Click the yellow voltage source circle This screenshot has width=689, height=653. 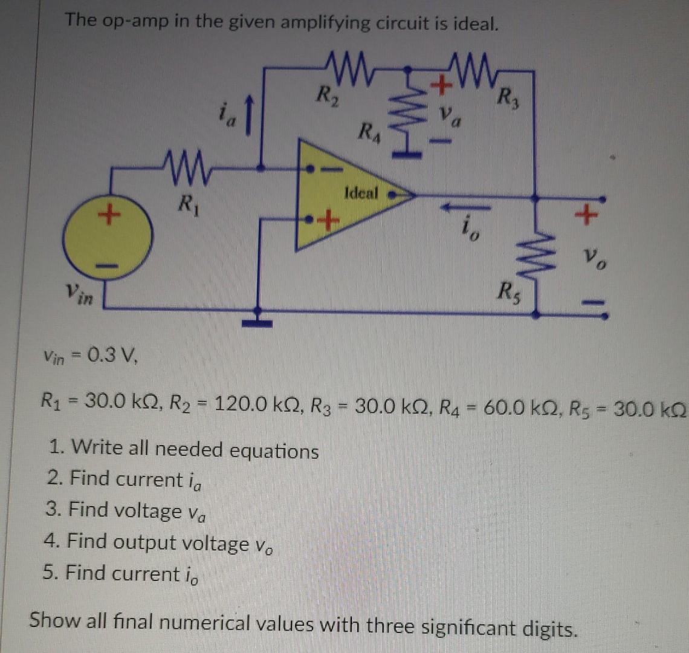click(108, 235)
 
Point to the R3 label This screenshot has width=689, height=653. click(509, 97)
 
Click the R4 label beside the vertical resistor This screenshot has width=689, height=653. click(369, 131)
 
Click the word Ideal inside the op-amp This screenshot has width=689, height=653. click(361, 193)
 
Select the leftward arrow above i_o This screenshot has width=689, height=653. click(465, 206)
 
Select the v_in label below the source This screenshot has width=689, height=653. click(80, 293)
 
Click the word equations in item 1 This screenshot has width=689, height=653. click(274, 450)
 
